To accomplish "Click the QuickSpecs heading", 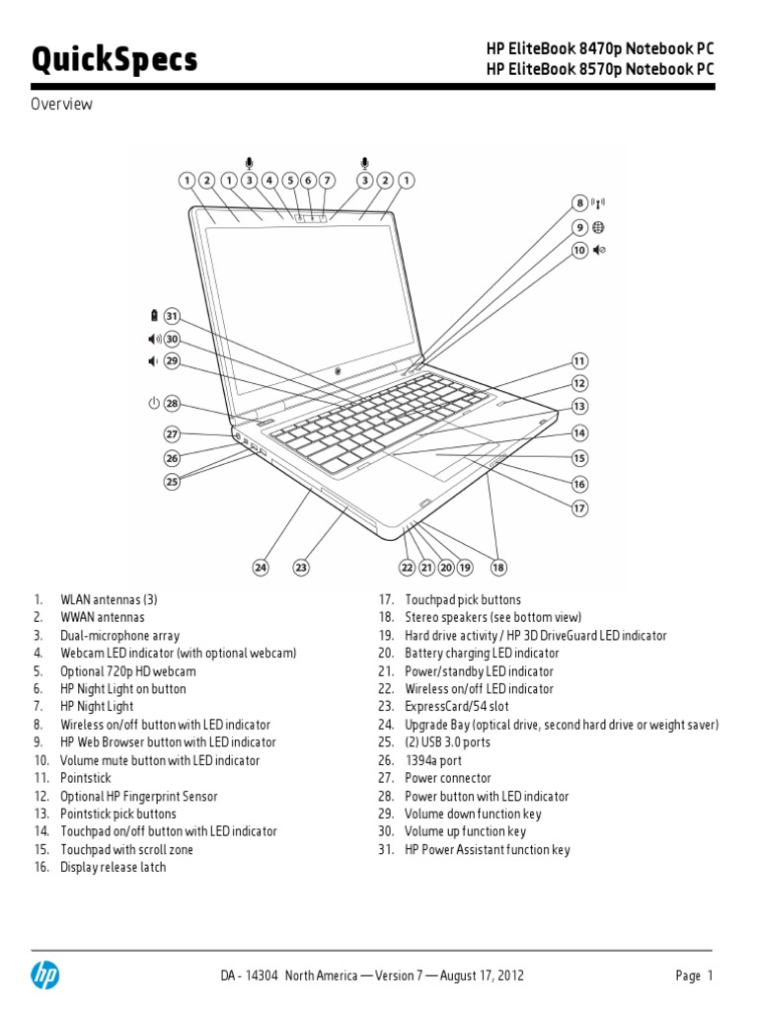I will click(x=114, y=60).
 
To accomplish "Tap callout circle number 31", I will click(x=173, y=316).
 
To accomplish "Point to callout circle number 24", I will click(x=261, y=567).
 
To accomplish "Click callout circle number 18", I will click(x=498, y=567).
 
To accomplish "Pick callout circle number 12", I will click(x=580, y=383).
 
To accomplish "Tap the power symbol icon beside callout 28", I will click(x=152, y=403).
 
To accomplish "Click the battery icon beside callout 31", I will click(x=153, y=316).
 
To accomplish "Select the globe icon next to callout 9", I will click(x=599, y=227).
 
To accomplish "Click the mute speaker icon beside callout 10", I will click(x=600, y=250).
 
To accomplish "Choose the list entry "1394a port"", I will click(x=432, y=760).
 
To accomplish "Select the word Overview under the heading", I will click(x=62, y=104).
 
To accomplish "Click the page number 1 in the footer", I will click(x=708, y=975).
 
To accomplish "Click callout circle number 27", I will click(x=173, y=433).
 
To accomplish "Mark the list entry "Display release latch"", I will click(x=113, y=867).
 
